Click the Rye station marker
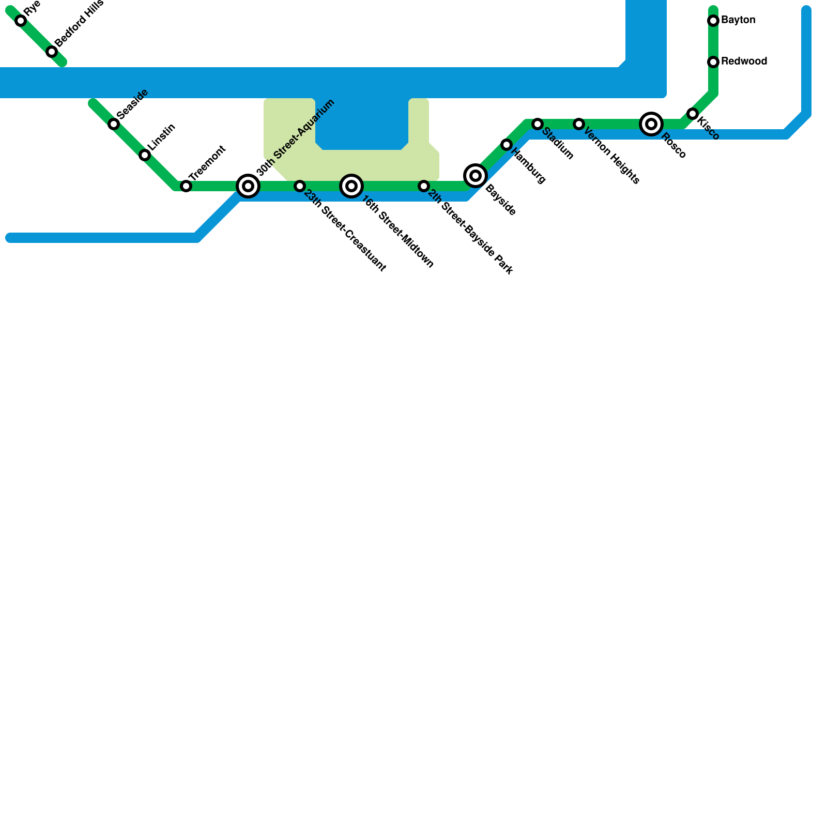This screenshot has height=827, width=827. tap(21, 21)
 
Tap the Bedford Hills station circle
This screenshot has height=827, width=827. tap(52, 52)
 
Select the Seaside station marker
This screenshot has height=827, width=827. tap(114, 124)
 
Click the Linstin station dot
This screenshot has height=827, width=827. tap(145, 155)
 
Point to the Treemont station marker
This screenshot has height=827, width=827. tap(186, 186)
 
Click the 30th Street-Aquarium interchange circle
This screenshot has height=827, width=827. tap(248, 186)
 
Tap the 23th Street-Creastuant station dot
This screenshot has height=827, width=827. tap(300, 186)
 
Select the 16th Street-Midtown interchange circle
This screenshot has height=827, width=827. tap(351, 186)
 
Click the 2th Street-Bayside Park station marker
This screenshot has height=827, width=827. tap(424, 186)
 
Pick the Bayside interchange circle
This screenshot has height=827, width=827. tap(476, 176)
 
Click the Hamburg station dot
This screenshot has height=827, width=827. tap(507, 145)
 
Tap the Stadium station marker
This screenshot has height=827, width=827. tap(538, 124)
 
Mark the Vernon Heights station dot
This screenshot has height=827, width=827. tap(579, 124)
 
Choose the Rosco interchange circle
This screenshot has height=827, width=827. tap(651, 124)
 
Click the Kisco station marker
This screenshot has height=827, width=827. tap(693, 114)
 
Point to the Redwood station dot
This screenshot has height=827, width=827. tap(713, 62)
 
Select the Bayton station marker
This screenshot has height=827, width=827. tap(713, 21)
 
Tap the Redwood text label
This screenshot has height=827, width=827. tap(744, 62)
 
